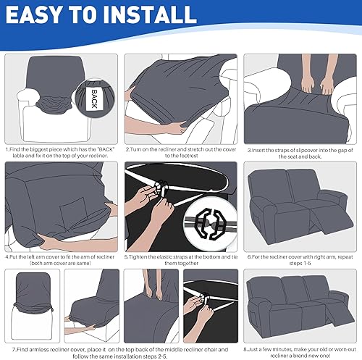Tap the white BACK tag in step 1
[93, 98]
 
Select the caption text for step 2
[180, 152]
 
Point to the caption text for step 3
[300, 152]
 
